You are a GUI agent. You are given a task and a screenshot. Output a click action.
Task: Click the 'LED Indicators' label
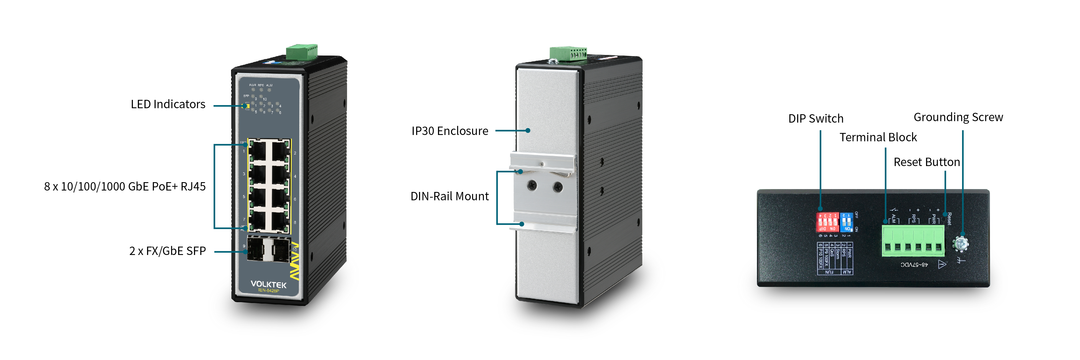168,104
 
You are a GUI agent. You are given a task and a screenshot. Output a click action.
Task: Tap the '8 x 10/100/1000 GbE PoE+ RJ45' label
125,186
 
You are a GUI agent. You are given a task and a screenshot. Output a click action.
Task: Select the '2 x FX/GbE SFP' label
167,251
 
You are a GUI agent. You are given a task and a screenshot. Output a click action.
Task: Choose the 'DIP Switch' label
816,119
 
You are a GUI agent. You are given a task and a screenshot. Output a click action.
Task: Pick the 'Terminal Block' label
878,138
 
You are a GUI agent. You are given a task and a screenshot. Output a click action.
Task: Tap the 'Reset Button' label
927,162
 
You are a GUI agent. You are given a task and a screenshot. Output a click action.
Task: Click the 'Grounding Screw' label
958,117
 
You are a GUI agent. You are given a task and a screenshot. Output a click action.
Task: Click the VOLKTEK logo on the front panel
268,285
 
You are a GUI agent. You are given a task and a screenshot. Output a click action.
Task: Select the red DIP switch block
827,222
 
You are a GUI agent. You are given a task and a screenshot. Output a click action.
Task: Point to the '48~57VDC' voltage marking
914,265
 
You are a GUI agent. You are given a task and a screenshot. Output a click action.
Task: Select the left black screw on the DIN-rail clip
532,184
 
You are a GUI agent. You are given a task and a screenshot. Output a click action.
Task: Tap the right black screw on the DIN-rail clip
558,186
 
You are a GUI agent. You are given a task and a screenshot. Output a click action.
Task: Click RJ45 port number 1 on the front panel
258,151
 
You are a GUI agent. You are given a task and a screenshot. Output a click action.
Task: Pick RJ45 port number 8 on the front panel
279,220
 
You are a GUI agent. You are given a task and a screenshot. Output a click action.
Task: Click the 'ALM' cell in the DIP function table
847,272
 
